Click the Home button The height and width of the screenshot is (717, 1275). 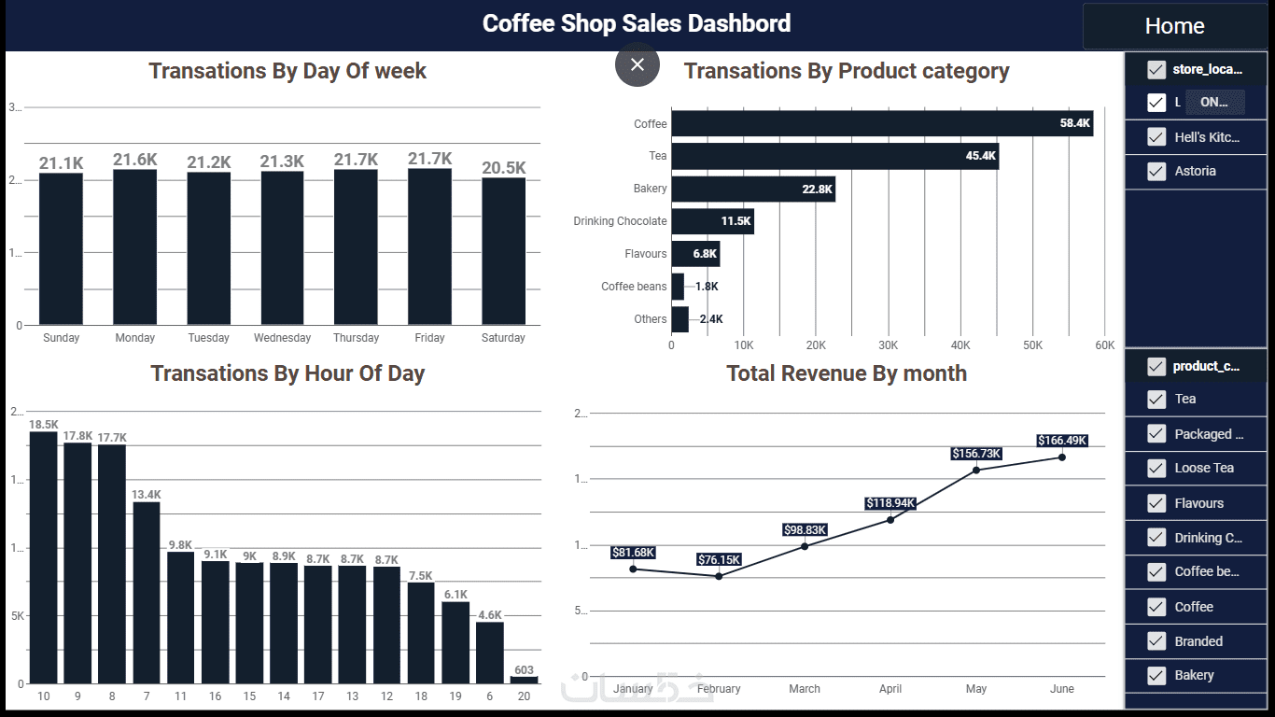click(x=1174, y=26)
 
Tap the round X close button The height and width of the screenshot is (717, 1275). click(x=637, y=64)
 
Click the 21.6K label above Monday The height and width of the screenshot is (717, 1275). click(x=135, y=160)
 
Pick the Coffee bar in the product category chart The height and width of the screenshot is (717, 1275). click(x=881, y=123)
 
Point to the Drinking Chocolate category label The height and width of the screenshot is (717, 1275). click(x=620, y=221)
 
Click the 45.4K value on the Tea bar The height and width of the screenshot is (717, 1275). click(x=980, y=156)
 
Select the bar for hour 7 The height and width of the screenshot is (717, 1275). click(x=147, y=592)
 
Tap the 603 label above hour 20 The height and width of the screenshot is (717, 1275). click(x=524, y=669)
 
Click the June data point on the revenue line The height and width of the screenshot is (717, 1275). click(x=1061, y=457)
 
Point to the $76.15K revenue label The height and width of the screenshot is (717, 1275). click(x=719, y=560)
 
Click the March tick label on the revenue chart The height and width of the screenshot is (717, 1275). click(x=805, y=689)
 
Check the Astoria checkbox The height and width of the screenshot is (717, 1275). click(x=1156, y=172)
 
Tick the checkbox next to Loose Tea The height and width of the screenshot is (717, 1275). click(x=1156, y=469)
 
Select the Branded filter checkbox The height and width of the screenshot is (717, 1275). click(x=1156, y=641)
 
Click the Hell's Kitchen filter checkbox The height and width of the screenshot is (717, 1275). click(x=1156, y=137)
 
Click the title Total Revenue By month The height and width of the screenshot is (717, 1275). click(x=847, y=373)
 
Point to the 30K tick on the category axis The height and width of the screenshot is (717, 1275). click(x=888, y=345)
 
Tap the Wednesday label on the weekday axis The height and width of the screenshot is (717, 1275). click(x=282, y=338)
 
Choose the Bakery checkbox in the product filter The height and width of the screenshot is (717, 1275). click(x=1156, y=676)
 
